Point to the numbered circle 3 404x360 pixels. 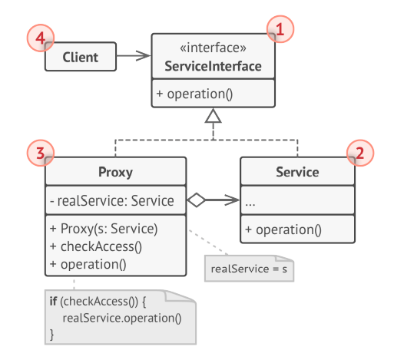(39, 154)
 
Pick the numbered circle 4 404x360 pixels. (39, 38)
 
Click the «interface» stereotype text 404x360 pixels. (213, 48)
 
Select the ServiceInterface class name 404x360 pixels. (213, 67)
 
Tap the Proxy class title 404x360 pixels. (116, 172)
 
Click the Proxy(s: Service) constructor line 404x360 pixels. (104, 229)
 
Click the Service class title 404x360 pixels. (297, 172)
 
